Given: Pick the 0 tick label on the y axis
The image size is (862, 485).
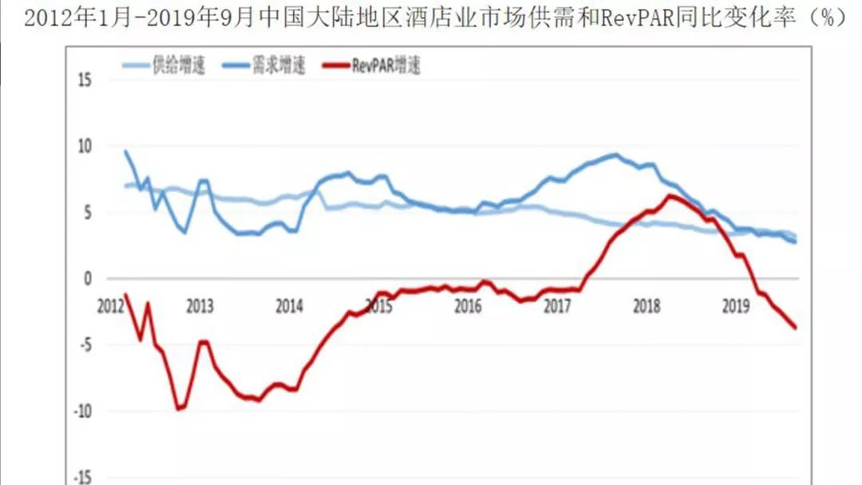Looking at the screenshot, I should (x=89, y=279).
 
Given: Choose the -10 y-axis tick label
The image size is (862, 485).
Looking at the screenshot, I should (x=82, y=411).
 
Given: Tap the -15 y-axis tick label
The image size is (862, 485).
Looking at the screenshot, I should (x=82, y=478).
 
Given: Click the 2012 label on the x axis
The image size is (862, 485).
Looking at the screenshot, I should (x=112, y=306).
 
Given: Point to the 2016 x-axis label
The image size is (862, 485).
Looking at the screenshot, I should (x=468, y=306).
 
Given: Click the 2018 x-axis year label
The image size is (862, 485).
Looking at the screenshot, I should (x=646, y=306).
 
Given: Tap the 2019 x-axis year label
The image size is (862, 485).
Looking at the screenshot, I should (x=735, y=306).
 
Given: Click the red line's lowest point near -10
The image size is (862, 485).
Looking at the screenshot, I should (x=180, y=409).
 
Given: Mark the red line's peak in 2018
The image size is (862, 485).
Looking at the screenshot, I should (x=669, y=196).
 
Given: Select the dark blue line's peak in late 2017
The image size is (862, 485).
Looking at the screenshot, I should (x=614, y=155).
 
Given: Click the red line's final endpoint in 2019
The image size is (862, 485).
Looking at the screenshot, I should (x=795, y=327).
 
